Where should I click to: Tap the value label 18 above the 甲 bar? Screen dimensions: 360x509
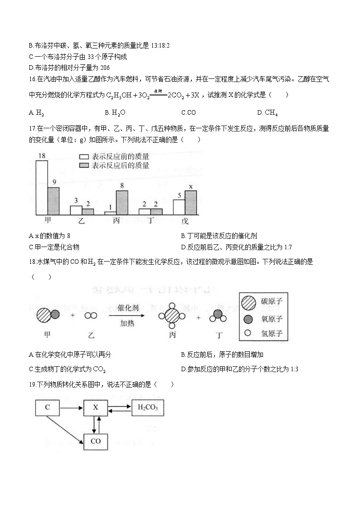pos(41,156)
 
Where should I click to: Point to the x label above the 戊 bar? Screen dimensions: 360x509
pos(190,186)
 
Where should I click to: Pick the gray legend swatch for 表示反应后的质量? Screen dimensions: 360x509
pos(84,165)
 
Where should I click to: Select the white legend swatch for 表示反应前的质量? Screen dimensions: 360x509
pos(84,157)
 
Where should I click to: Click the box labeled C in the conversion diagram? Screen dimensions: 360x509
pos(48,407)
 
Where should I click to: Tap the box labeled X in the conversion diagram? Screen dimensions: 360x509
pos(96,407)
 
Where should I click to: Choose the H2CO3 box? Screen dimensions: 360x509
pos(147,407)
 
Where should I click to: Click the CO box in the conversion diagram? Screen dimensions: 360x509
pos(96,441)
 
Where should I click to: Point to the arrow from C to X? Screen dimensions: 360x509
pos(72,408)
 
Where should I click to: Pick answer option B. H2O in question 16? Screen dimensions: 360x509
pos(115,112)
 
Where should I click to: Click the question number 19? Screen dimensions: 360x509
pos(32,384)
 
